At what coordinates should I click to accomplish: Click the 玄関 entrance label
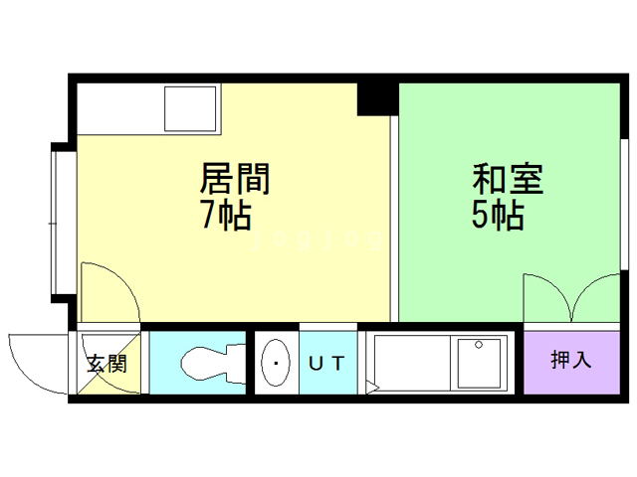pos(106,363)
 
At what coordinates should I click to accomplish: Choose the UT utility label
pos(325,364)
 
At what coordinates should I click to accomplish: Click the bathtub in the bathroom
pos(413,364)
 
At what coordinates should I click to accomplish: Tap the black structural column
pos(377,98)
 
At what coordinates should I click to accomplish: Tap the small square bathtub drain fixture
pos(480,364)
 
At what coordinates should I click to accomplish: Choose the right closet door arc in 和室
pos(597,299)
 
